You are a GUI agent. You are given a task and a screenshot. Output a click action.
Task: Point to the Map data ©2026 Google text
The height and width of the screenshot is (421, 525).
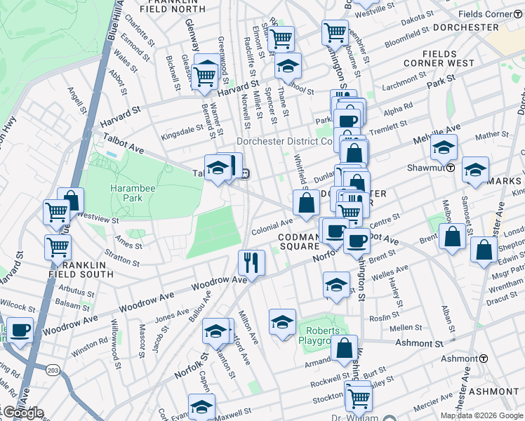(481, 415)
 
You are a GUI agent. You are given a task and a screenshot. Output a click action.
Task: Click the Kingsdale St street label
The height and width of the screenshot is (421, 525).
(182, 132)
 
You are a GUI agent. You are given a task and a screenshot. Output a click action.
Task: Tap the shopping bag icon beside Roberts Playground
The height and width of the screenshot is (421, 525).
(344, 348)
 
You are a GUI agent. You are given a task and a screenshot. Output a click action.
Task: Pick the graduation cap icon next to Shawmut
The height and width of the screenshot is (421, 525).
(444, 148)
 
